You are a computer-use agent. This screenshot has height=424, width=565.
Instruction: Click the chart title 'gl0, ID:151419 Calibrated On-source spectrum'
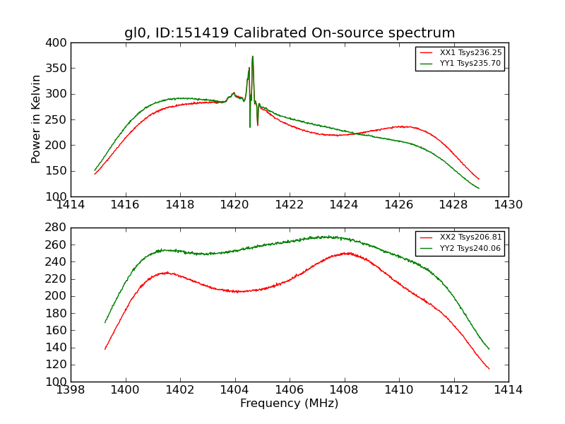pyautogui.click(x=290, y=33)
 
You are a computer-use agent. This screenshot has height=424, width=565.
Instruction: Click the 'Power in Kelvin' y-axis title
pyautogui.click(x=37, y=119)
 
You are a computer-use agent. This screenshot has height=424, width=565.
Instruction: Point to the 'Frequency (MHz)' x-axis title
pyautogui.click(x=290, y=404)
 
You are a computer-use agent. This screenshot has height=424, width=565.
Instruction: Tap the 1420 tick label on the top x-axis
pyautogui.click(x=234, y=205)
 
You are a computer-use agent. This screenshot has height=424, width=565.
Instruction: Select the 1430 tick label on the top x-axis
pyautogui.click(x=508, y=205)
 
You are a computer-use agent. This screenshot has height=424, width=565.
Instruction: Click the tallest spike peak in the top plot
pyautogui.click(x=252, y=57)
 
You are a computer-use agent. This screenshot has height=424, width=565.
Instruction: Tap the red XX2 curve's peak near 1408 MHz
pyautogui.click(x=347, y=252)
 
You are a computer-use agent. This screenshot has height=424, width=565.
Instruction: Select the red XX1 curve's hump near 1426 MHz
pyautogui.click(x=402, y=126)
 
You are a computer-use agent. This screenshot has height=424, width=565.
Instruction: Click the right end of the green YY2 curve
pyautogui.click(x=489, y=348)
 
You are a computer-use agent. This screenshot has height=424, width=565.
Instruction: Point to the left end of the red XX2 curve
pyautogui.click(x=105, y=349)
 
